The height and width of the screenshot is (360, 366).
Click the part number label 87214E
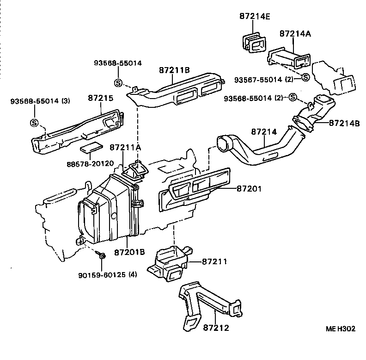[255, 16]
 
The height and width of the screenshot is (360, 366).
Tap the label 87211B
[174, 71]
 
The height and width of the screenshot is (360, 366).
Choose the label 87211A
[125, 148]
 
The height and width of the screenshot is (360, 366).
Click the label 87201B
[129, 252]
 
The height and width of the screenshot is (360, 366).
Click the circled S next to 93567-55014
[305, 77]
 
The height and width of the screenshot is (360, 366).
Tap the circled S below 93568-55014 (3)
[34, 123]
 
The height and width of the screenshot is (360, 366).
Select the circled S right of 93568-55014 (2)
[292, 97]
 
